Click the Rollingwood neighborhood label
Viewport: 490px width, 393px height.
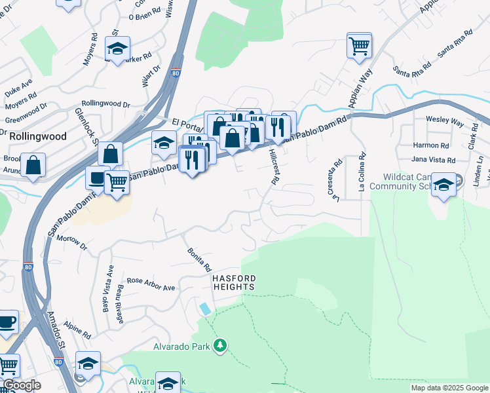tap(38, 136)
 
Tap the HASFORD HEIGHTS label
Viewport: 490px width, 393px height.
tap(233, 283)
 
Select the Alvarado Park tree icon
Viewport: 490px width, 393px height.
tap(221, 345)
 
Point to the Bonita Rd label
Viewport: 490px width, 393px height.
tap(199, 260)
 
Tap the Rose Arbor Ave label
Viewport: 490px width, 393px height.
tap(151, 284)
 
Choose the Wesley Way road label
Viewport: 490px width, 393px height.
tap(445, 122)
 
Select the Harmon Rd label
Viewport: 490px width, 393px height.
tap(431, 145)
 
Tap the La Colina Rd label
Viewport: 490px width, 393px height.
tap(361, 172)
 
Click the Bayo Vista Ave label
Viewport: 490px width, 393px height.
tap(109, 289)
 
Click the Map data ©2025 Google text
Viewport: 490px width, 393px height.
tap(449, 388)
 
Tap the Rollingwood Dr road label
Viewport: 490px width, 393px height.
tap(106, 103)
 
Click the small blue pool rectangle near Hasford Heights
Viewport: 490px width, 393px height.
tap(206, 308)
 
